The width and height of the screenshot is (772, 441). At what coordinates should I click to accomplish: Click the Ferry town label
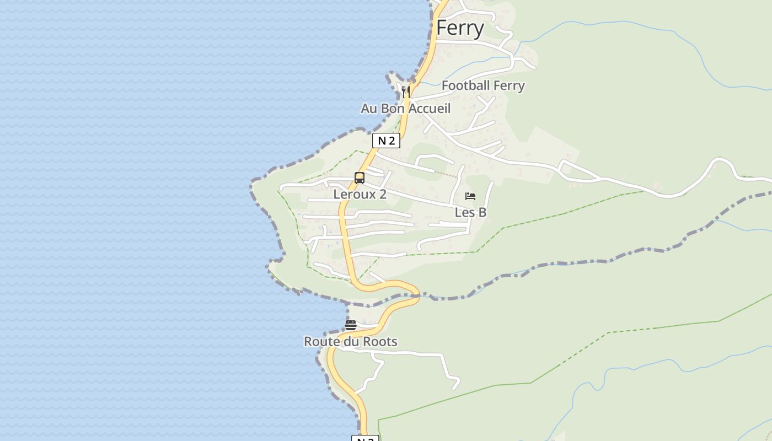[460, 28]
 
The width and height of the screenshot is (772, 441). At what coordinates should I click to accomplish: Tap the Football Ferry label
[483, 85]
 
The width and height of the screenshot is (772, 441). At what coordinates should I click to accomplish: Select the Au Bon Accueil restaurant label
[405, 109]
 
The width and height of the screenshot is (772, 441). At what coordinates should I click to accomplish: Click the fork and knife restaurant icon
[406, 92]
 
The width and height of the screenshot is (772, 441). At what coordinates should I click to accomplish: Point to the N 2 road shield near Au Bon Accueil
[386, 141]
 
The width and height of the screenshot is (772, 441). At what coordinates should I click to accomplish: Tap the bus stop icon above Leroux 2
[360, 178]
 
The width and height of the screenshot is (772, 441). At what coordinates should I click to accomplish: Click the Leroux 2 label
[360, 194]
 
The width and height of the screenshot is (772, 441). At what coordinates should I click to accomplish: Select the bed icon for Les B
[470, 196]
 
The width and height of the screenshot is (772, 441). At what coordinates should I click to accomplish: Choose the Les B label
[470, 212]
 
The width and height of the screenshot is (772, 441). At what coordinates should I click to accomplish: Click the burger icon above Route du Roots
[351, 325]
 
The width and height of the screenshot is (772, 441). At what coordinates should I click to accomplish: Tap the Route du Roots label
[351, 342]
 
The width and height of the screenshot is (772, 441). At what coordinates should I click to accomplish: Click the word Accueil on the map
[430, 109]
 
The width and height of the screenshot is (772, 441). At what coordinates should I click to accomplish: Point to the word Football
[466, 85]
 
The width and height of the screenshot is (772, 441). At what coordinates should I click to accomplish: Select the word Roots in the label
[380, 342]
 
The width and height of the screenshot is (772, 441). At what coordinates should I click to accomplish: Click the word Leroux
[352, 194]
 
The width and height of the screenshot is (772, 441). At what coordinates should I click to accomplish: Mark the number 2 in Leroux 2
[382, 194]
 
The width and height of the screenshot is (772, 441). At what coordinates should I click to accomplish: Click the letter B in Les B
[482, 212]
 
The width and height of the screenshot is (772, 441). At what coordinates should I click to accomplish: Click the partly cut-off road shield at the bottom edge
[365, 439]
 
